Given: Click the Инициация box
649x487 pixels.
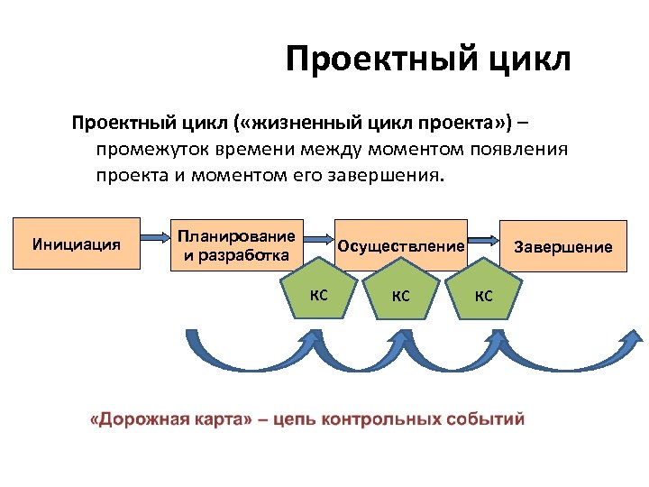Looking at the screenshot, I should [77, 243].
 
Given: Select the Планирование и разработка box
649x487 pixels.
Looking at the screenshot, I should [236, 245].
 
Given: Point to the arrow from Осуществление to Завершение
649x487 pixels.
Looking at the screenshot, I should [484, 240].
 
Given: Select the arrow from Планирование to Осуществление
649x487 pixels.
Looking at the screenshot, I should [318, 240].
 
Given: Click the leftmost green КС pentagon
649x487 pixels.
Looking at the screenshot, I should [318, 293].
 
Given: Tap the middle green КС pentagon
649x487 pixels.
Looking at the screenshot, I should [401, 293].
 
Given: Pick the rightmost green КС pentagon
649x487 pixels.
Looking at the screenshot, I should [483, 293].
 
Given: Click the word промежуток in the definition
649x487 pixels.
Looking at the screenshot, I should [154, 148].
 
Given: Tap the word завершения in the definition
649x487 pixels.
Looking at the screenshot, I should [396, 174].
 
